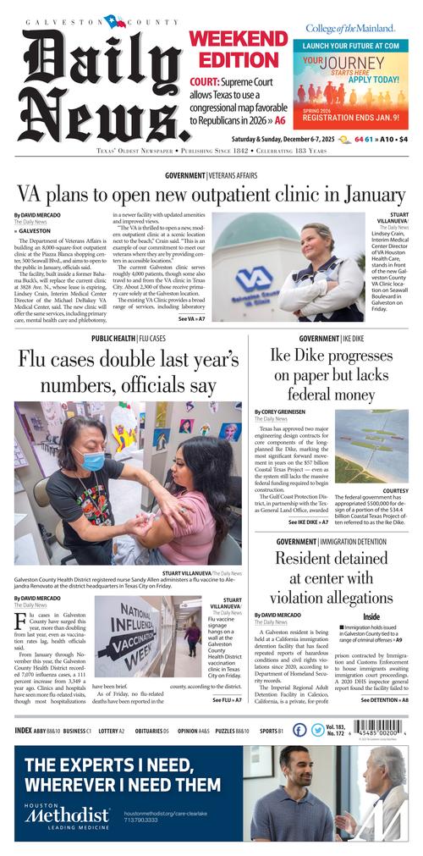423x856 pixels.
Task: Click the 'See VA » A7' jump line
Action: [x=191, y=319]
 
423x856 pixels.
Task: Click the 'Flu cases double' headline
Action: [x=129, y=373]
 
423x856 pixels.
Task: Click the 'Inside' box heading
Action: [x=371, y=616]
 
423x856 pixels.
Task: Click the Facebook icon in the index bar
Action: [x=299, y=729]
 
